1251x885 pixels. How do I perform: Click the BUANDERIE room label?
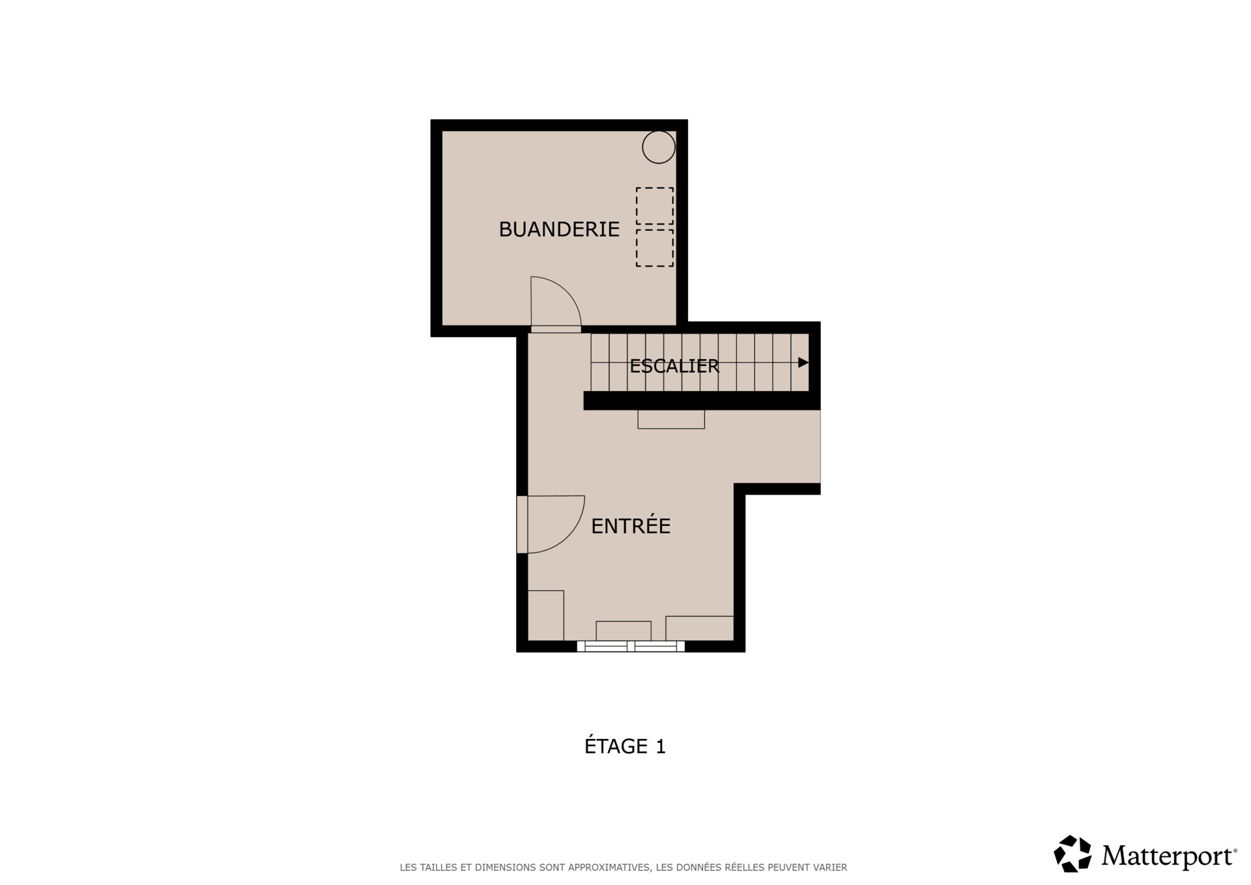[x=559, y=229]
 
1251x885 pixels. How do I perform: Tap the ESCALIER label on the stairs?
[x=674, y=366]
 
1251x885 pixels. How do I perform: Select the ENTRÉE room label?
[x=631, y=526]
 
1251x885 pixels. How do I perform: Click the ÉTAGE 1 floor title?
[x=625, y=746]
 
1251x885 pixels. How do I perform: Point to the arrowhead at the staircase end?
[x=803, y=362]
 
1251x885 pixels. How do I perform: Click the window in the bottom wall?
[x=631, y=646]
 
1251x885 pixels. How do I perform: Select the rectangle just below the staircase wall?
[x=671, y=419]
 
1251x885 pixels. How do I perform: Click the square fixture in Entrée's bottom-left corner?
[x=545, y=615]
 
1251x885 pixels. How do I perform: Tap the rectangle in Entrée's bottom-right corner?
[x=700, y=628]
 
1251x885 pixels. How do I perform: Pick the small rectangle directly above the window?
[x=624, y=631]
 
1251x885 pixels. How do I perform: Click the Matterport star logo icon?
[x=1072, y=854]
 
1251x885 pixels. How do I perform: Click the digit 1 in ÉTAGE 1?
[x=661, y=747]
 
